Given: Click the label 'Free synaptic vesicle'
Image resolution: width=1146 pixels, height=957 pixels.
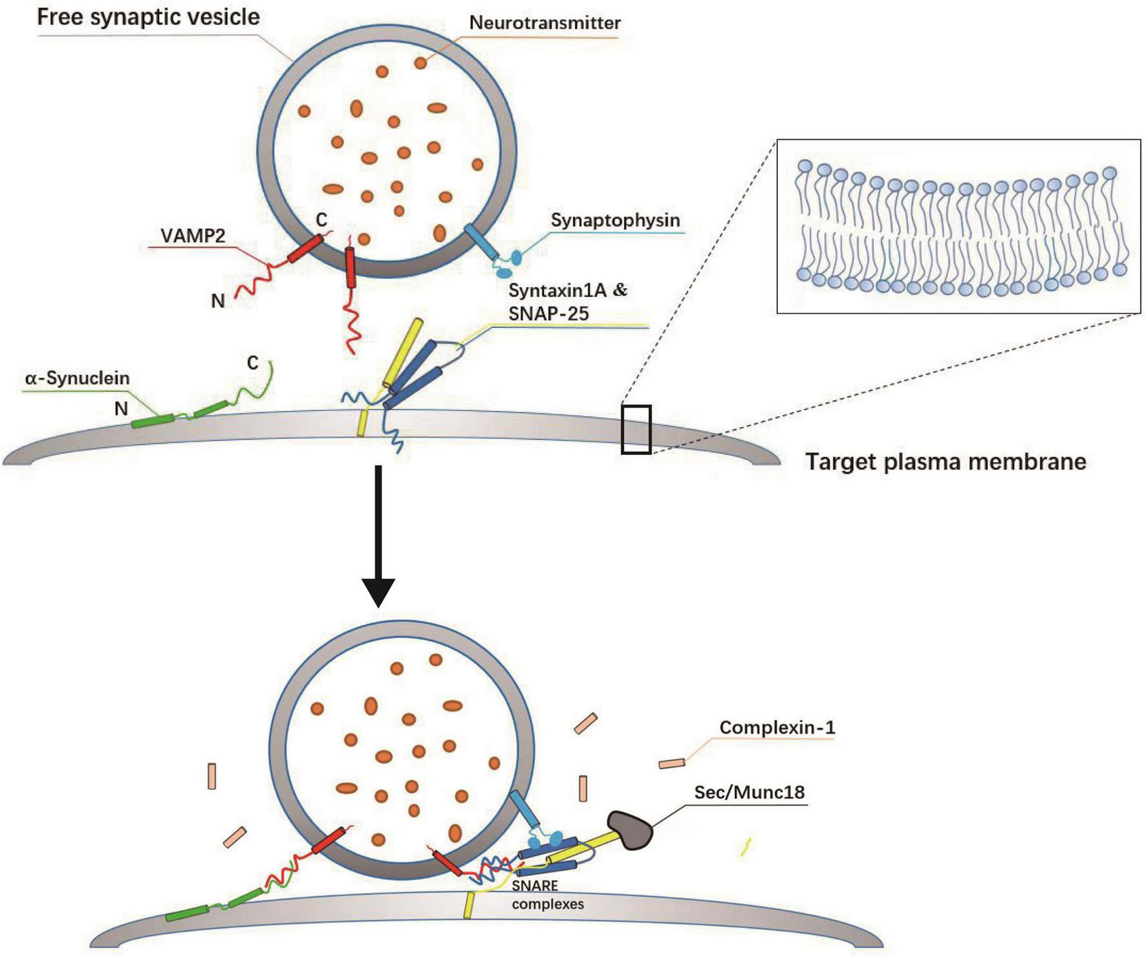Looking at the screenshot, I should click(148, 17).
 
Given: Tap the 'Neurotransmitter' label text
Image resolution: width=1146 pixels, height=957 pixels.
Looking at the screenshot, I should click(545, 23).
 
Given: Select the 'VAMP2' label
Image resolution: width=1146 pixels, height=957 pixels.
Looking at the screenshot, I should click(193, 236).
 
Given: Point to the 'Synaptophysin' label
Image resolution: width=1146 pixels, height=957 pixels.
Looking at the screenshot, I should click(615, 220).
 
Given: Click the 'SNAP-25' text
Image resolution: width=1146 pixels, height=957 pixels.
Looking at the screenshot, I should click(548, 314).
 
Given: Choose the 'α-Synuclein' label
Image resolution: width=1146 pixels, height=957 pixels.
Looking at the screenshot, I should click(77, 378).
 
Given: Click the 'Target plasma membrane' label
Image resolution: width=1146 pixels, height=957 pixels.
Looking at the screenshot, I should click(945, 462).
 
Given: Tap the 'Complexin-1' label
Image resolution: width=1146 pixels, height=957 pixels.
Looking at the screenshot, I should click(777, 727).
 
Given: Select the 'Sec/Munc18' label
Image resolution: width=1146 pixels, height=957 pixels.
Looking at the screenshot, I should click(749, 792).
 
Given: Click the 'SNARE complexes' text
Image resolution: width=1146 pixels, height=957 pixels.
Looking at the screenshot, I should click(547, 895).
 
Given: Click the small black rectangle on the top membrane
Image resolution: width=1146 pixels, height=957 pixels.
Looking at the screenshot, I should click(636, 429).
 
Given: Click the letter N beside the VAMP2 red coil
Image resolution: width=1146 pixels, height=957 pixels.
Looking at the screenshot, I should click(218, 301).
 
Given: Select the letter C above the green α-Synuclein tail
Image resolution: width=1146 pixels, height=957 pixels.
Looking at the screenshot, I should click(252, 363).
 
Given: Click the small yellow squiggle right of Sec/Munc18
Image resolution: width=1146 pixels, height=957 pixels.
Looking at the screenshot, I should click(746, 847).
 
